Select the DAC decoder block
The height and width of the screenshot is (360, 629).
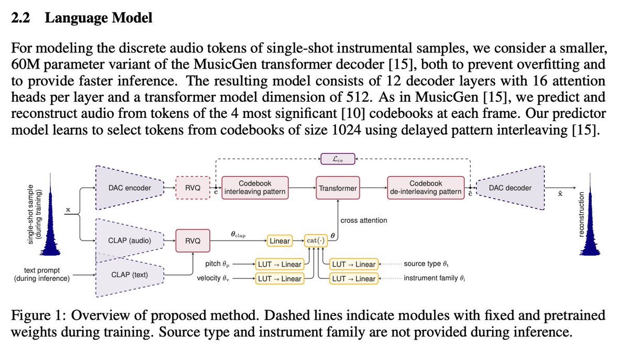[x=512, y=188]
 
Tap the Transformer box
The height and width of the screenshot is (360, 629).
[x=338, y=188]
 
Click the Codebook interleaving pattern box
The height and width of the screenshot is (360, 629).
[x=255, y=188]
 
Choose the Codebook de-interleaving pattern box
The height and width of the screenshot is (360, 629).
[x=426, y=188]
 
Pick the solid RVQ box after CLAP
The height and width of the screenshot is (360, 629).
[x=192, y=241]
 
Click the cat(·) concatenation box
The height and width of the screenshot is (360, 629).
[x=316, y=241]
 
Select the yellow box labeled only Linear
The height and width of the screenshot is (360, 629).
[x=280, y=241]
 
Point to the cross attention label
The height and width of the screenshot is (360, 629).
[x=364, y=221]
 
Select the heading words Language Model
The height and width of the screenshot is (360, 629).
[x=99, y=18]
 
